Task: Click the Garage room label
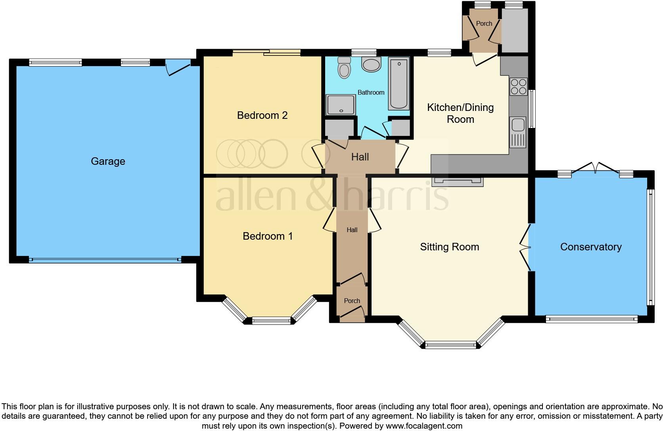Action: tap(108, 161)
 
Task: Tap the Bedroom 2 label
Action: tap(262, 115)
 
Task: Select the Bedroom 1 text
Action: tap(268, 236)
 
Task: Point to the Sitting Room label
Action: tap(449, 247)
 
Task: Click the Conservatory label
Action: tap(590, 247)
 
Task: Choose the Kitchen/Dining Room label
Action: tap(460, 113)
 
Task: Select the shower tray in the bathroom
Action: tap(340, 105)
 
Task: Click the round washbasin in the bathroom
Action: tap(371, 65)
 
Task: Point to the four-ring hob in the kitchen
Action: tap(518, 87)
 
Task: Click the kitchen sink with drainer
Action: tap(518, 132)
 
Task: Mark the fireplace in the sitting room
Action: tap(458, 181)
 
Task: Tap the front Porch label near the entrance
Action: tap(352, 301)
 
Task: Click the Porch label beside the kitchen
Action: tap(484, 23)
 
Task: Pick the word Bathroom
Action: tap(371, 92)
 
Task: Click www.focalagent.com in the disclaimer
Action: tap(423, 426)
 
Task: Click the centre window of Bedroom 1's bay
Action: tap(272, 320)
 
